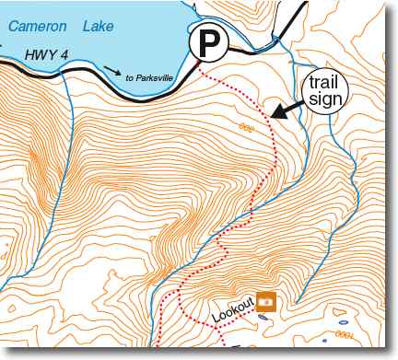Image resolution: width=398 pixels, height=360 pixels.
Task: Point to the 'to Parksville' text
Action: point(149,77)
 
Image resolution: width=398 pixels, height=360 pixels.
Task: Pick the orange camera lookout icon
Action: point(266,299)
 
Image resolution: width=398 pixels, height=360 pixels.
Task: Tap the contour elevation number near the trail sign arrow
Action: point(245,126)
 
